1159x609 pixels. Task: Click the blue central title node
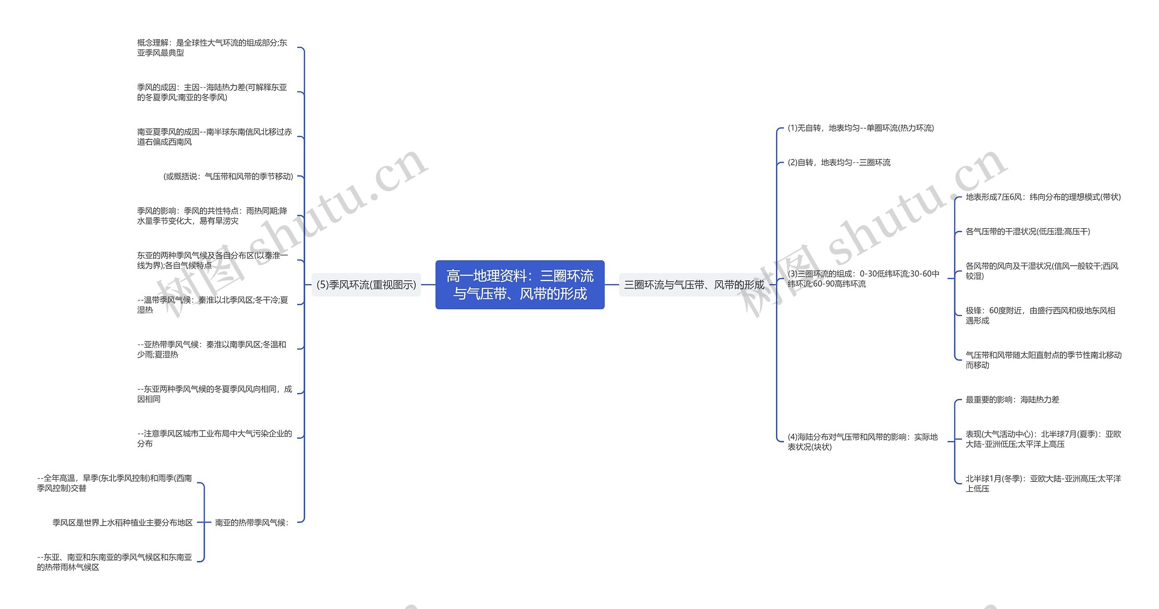click(x=520, y=285)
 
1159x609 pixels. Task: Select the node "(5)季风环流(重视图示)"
click(x=366, y=285)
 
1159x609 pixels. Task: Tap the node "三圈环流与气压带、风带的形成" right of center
click(x=694, y=285)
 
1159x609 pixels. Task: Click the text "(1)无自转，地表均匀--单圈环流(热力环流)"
click(x=861, y=128)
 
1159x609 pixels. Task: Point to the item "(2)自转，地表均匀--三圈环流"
click(x=839, y=163)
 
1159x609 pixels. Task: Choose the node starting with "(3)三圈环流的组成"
click(x=863, y=279)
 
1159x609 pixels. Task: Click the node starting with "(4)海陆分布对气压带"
click(x=862, y=442)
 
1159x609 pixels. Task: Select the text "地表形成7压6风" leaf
click(x=1043, y=197)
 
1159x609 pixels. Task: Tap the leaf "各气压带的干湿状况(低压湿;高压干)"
click(x=1028, y=232)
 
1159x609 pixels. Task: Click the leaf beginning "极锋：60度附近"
click(x=1040, y=316)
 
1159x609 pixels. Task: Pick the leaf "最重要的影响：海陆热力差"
click(x=1012, y=400)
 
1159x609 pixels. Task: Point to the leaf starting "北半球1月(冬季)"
click(x=1043, y=484)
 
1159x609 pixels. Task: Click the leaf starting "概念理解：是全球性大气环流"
click(x=212, y=48)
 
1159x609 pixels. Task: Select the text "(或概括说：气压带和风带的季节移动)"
click(x=228, y=177)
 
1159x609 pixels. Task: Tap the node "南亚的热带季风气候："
click(x=252, y=523)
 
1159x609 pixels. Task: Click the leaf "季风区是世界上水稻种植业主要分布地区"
click(x=122, y=523)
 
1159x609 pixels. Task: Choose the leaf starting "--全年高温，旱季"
click(x=115, y=483)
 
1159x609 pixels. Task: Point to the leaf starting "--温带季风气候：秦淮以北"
click(x=212, y=305)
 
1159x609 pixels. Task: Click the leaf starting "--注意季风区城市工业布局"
click(x=214, y=438)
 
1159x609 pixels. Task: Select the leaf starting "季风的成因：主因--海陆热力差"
click(x=212, y=92)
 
